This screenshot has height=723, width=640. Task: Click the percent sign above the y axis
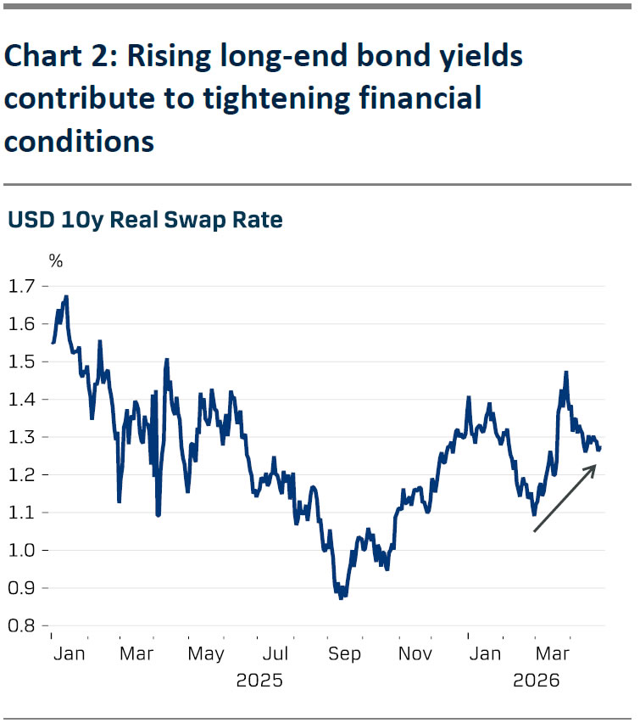coord(55,261)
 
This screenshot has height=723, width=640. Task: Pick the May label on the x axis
coord(206,654)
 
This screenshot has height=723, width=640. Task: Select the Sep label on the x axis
coord(345,654)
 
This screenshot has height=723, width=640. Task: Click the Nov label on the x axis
coord(415,654)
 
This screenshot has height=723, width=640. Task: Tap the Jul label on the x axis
coord(275,654)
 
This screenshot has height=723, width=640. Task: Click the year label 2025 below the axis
coord(259,681)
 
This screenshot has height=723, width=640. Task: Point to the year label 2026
coord(537,681)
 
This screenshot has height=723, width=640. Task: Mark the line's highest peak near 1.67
coord(66,297)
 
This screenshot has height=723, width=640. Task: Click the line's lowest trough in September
coord(341,598)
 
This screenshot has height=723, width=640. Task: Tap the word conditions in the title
coord(79,140)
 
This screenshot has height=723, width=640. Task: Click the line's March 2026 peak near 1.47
coord(565,372)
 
